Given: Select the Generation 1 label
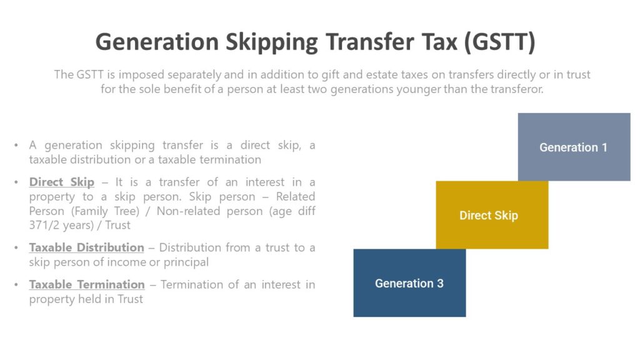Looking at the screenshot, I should coord(573,147).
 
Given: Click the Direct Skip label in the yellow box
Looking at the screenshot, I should coord(489,216).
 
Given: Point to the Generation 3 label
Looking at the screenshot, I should coord(409,283).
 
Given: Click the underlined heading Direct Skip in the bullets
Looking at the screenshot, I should coord(62,182).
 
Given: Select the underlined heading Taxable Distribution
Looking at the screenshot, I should coord(87,247).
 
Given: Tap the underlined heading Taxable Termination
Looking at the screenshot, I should coord(87,284).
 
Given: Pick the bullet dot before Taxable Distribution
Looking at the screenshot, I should coord(16,248).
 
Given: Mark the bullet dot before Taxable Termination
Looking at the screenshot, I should coord(16,285).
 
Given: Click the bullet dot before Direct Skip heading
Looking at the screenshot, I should coord(16,183).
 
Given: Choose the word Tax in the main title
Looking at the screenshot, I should coord(431,42).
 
